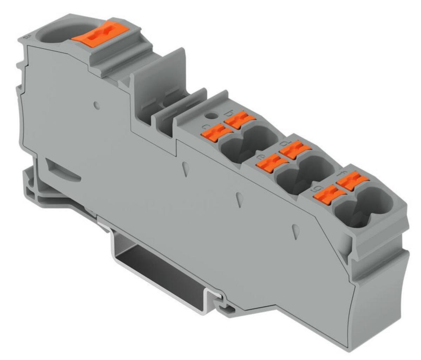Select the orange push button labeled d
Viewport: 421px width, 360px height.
(295, 150)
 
